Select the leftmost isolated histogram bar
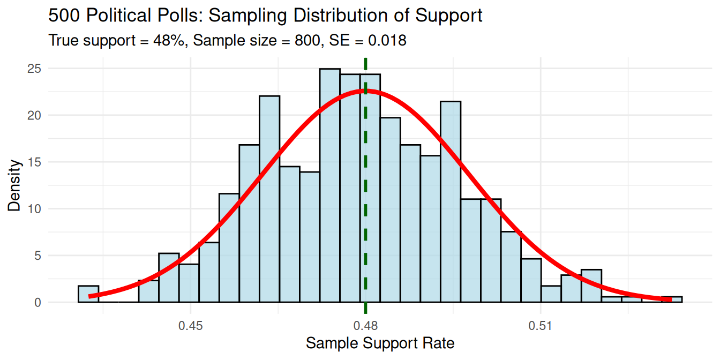88,294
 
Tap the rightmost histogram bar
672,299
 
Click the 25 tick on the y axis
35,69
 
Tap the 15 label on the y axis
35,162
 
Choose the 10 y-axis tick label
35,209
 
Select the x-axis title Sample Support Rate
380,343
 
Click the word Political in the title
114,16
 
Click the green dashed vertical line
365,214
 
